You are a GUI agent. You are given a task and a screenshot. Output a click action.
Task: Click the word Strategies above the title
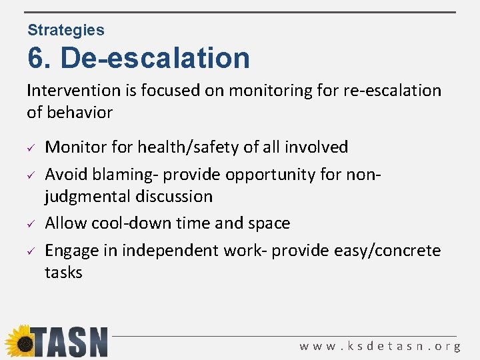point(66,30)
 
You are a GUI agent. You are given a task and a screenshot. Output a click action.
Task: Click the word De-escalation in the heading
point(155,58)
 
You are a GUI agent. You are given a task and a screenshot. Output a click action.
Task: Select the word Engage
point(71,251)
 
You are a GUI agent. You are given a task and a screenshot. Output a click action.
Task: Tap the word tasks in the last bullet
point(63,272)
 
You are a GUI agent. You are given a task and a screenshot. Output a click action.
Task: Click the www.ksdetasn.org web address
point(380,346)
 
